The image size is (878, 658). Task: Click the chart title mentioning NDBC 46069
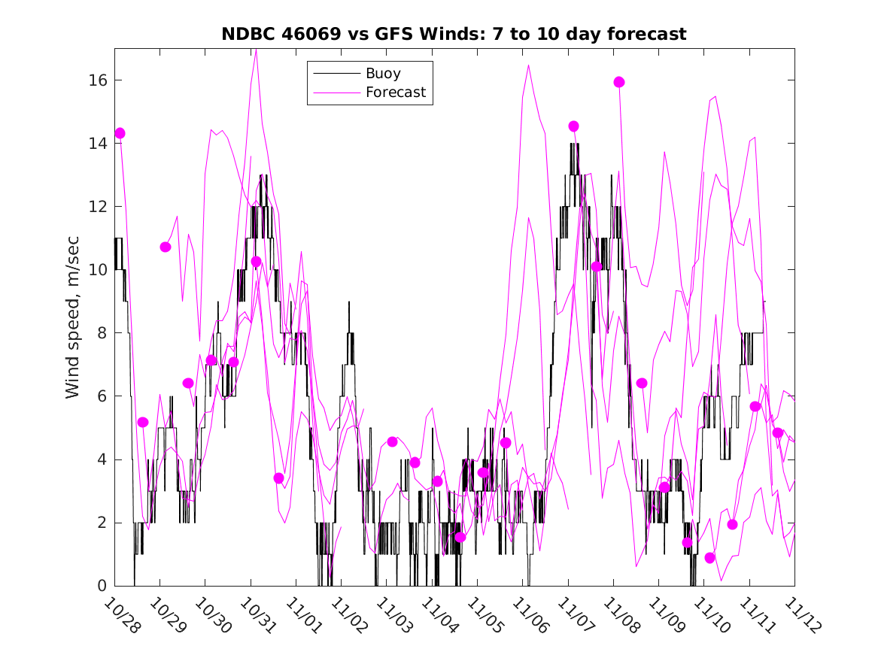[x=453, y=34]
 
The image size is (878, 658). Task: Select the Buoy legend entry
[x=382, y=74]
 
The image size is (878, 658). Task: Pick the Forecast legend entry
[x=395, y=92]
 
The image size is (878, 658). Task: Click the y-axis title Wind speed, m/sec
[x=72, y=317]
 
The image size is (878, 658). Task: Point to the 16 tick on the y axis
[x=99, y=80]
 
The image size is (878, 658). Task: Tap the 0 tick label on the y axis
[x=102, y=586]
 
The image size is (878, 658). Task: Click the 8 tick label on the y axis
[x=102, y=333]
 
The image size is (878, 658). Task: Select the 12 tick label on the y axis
[x=99, y=207]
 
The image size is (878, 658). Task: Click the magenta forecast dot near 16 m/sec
[x=619, y=82]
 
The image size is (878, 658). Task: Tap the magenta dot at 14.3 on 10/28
[x=120, y=133]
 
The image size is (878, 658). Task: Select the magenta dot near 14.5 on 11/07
[x=574, y=126]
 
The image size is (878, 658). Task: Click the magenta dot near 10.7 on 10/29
[x=166, y=247]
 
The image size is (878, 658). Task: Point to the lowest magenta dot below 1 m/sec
[x=709, y=558]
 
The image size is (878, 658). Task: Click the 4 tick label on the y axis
[x=102, y=459]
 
